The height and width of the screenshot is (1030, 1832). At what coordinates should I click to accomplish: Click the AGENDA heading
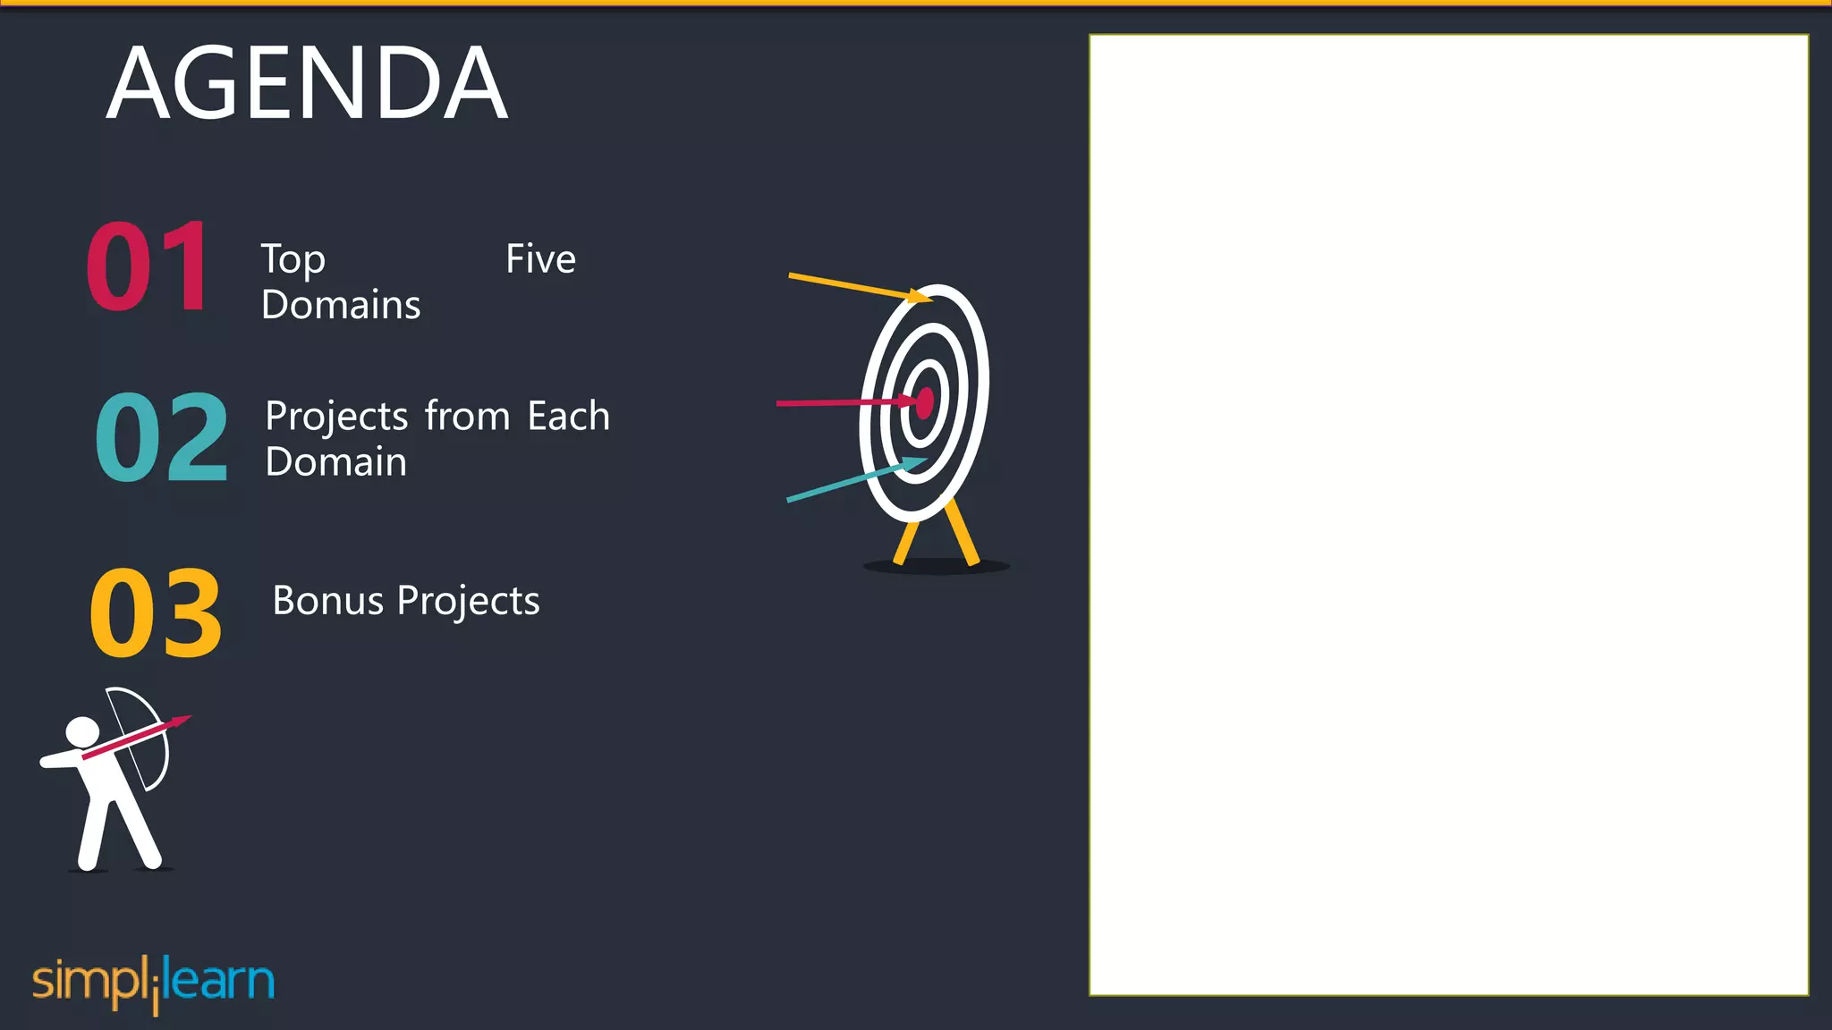click(307, 84)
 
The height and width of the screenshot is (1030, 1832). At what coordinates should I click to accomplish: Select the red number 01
click(148, 266)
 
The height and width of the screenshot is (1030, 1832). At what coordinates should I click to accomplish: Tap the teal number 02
click(162, 438)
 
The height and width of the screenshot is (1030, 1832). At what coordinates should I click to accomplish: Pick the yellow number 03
click(156, 614)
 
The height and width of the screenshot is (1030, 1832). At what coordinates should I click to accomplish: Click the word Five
click(540, 259)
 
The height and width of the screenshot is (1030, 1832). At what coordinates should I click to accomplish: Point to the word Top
click(293, 261)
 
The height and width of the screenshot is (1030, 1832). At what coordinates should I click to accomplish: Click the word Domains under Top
click(341, 305)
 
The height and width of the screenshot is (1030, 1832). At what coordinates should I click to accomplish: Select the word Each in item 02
click(568, 417)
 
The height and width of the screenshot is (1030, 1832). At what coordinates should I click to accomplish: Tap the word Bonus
click(328, 601)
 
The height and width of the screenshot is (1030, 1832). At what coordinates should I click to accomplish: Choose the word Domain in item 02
click(336, 462)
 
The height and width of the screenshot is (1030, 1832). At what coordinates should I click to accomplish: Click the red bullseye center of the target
click(925, 402)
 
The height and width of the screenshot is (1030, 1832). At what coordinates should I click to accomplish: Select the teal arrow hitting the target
click(850, 481)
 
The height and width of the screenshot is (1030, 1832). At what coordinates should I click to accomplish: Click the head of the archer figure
click(82, 731)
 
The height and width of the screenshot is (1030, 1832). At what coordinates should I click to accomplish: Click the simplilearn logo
click(153, 983)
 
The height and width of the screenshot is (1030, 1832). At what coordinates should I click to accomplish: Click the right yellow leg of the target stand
click(963, 533)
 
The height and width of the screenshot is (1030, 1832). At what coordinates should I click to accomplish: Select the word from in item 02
click(467, 417)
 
